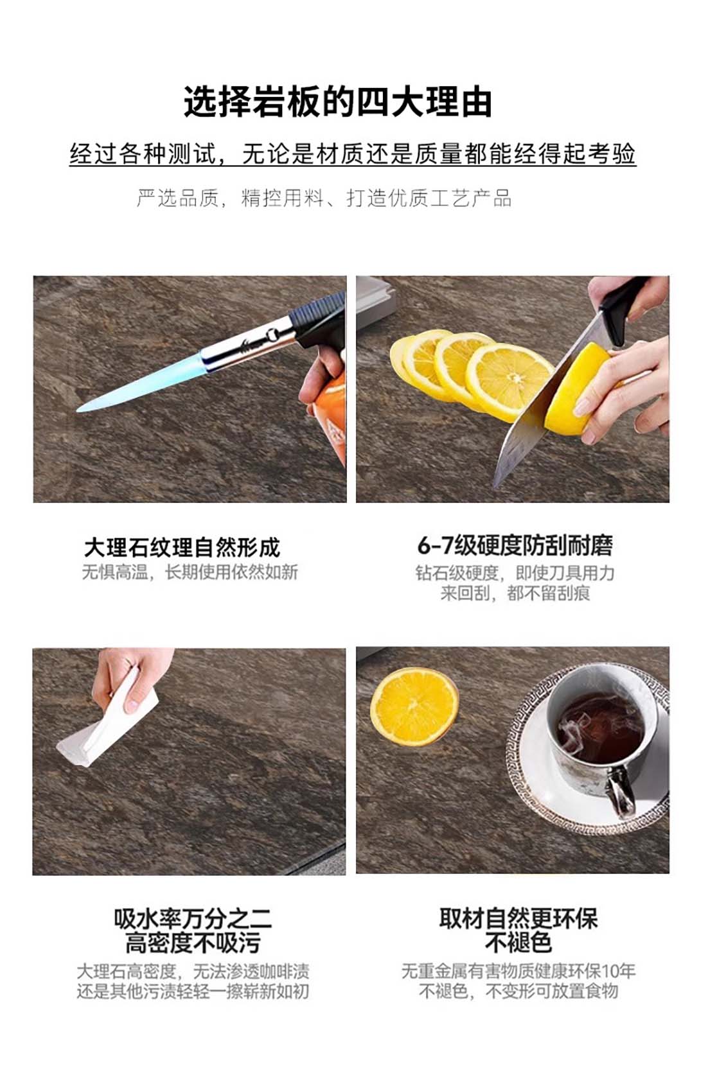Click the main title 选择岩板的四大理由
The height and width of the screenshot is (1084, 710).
[x=338, y=103]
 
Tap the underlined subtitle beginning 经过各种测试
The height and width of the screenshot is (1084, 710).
[x=353, y=154]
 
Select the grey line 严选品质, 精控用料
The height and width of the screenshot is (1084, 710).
[x=324, y=198]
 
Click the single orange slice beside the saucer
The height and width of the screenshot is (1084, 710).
[x=414, y=707]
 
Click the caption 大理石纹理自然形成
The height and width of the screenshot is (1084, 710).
[x=182, y=548]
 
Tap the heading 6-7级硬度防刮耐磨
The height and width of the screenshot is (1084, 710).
[x=515, y=545]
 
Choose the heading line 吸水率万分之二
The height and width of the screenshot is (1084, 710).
[x=193, y=920]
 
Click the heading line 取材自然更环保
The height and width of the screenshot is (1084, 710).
[x=519, y=918]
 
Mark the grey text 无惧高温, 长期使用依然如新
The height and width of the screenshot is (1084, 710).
[x=190, y=572]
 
